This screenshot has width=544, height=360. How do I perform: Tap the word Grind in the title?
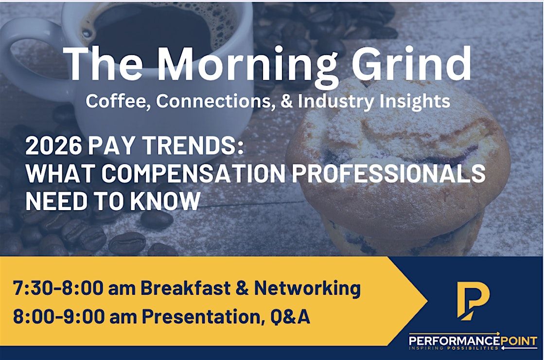[412, 63]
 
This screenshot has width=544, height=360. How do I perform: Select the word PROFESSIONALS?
[388, 173]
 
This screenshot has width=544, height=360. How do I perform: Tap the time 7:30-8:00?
[58, 288]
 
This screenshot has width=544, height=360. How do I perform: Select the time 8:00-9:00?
[59, 317]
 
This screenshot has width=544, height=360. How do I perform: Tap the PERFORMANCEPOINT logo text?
[473, 341]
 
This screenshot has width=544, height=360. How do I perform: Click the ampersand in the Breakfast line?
[243, 288]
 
